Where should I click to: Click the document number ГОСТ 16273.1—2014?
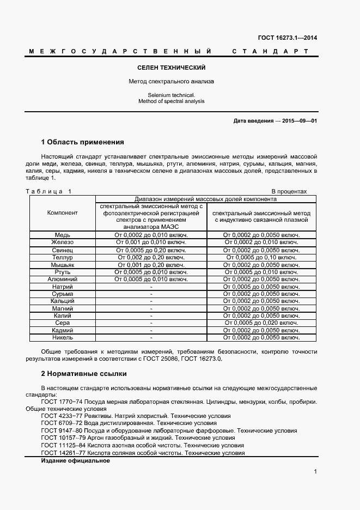(x=287, y=38)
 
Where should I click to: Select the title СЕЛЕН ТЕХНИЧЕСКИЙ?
(x=171, y=68)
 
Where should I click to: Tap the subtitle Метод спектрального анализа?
(x=171, y=81)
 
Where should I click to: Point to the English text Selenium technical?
(x=171, y=95)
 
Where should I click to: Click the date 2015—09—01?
(x=300, y=120)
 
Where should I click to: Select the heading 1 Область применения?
(x=83, y=142)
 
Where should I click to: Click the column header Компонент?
(x=63, y=212)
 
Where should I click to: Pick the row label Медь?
(x=63, y=235)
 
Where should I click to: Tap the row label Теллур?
(x=63, y=257)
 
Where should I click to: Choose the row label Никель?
(x=63, y=337)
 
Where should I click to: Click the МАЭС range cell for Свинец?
(x=151, y=250)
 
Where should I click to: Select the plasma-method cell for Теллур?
(x=261, y=257)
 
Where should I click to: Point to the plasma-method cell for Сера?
(x=261, y=323)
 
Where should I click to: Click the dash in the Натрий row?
(x=151, y=286)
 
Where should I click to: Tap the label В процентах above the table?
(x=289, y=191)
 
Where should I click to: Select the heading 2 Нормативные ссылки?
(x=84, y=374)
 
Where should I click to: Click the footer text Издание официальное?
(x=76, y=460)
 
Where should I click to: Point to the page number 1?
(x=315, y=472)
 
